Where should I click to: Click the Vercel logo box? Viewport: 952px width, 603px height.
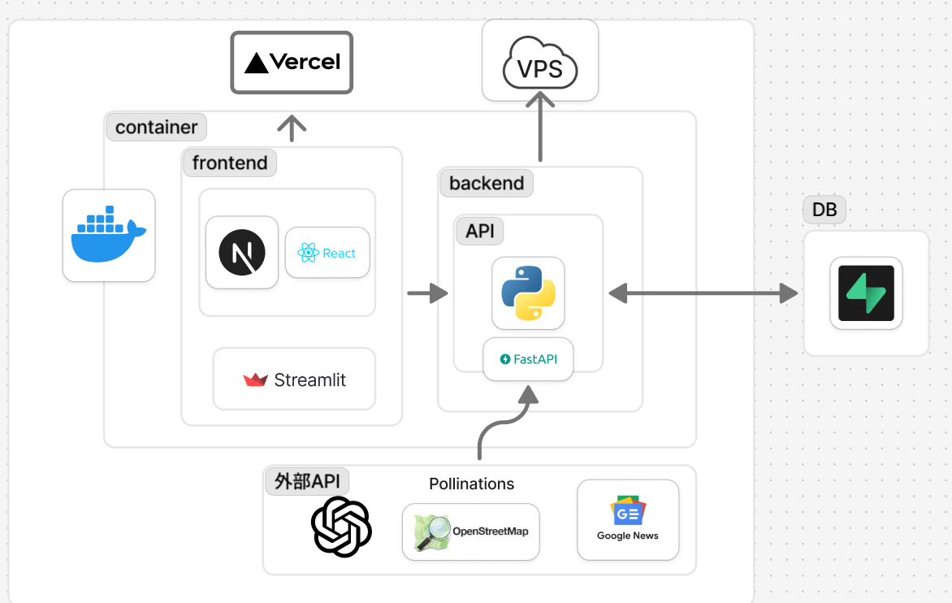click(x=292, y=62)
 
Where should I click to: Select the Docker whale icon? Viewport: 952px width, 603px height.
click(x=109, y=236)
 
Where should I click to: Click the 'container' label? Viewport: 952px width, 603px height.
click(x=157, y=128)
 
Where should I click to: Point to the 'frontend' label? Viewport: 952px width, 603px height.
click(x=230, y=163)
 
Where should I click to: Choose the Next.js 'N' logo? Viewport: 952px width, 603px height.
click(x=242, y=253)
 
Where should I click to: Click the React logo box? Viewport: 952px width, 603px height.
click(x=327, y=253)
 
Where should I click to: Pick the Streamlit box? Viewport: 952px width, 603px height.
click(x=294, y=380)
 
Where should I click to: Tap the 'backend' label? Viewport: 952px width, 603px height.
click(x=487, y=183)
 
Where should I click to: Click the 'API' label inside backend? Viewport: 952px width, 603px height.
click(x=480, y=231)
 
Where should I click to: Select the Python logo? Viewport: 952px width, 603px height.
click(x=528, y=293)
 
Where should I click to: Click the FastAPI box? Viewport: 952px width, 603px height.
click(x=528, y=359)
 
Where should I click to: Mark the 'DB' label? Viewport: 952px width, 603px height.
click(x=824, y=210)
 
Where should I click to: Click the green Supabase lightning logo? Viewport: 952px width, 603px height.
click(x=866, y=293)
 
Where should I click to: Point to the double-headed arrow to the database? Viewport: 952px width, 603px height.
click(x=703, y=293)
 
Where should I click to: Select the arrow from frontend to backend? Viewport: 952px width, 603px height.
click(x=427, y=293)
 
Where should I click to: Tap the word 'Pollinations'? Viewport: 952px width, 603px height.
click(x=472, y=484)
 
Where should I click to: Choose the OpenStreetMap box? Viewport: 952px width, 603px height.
click(x=471, y=531)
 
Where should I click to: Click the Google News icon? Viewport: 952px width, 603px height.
click(x=628, y=512)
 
